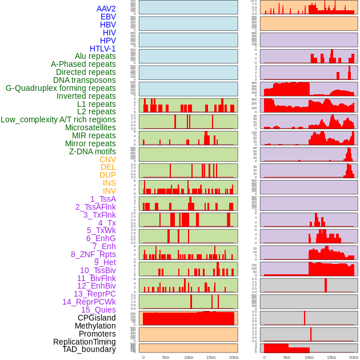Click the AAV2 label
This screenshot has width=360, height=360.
[x=106, y=9]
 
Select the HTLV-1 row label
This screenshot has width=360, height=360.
[x=102, y=49]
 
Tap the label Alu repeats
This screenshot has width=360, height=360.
[x=95, y=56]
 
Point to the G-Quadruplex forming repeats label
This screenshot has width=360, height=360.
[x=61, y=88]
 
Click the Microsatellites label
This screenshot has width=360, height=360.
[x=90, y=127]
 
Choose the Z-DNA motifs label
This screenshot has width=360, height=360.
[x=92, y=151]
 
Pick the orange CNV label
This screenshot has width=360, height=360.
[x=107, y=159]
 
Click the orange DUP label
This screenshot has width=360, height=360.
[x=107, y=175]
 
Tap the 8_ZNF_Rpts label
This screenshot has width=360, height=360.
[x=93, y=254]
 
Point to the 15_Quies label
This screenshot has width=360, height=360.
[x=98, y=310]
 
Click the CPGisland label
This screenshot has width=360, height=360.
[x=97, y=318]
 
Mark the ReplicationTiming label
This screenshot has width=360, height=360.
[x=84, y=342]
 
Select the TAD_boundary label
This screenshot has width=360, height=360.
[x=89, y=349]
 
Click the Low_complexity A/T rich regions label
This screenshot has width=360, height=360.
[x=58, y=119]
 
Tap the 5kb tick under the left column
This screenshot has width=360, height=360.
[x=166, y=357]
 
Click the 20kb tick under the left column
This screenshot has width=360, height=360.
[x=233, y=357]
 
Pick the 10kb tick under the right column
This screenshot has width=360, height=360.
[x=309, y=357]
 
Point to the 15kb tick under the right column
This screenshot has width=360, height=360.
[x=331, y=357]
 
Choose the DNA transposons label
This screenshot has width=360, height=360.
[x=85, y=80]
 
